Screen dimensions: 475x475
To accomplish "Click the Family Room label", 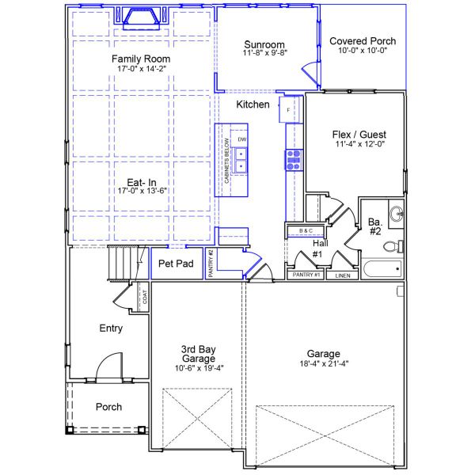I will [140, 59].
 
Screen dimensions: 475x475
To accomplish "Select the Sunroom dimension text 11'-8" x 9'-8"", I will [264, 54].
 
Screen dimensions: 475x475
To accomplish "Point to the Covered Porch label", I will [363, 41].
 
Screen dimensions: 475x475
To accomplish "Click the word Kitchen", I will [253, 104].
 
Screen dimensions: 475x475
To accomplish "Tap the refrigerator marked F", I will [288, 110].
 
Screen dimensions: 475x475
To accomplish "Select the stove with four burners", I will [294, 160].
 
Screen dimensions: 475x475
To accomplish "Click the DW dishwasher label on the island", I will [242, 139].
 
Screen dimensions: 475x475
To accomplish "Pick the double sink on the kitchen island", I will [242, 159].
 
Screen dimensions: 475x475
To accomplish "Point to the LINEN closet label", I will [342, 276].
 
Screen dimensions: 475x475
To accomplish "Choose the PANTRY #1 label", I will [305, 275].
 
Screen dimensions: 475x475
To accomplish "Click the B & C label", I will [306, 230].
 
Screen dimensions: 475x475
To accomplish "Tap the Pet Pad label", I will [176, 264].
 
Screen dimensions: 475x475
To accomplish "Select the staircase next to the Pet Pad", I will [122, 262].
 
